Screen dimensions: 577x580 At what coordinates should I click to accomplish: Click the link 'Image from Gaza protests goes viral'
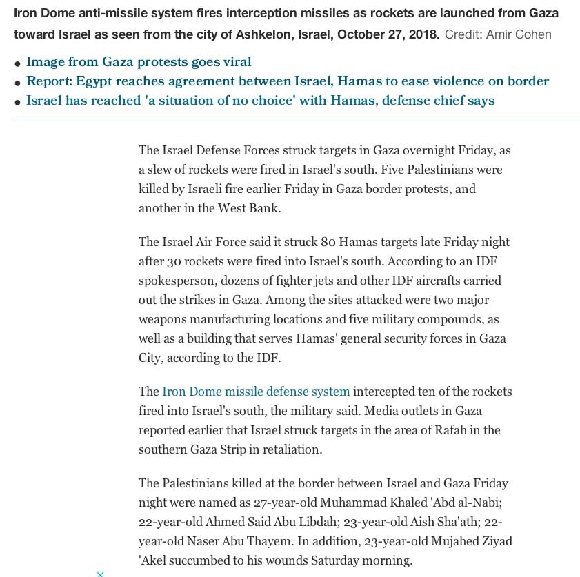coord(138,62)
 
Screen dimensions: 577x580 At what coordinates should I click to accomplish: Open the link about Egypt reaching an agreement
coord(287,81)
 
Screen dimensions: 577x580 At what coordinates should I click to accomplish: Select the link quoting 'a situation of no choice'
coord(260,101)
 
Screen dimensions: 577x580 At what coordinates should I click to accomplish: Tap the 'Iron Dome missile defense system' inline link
coord(256,392)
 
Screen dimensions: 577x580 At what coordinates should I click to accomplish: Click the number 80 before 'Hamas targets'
coord(328,242)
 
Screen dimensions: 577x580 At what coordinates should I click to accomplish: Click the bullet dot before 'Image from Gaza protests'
coord(17,64)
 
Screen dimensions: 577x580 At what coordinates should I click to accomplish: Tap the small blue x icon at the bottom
coord(100,574)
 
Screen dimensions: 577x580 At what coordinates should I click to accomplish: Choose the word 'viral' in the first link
coord(236,62)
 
